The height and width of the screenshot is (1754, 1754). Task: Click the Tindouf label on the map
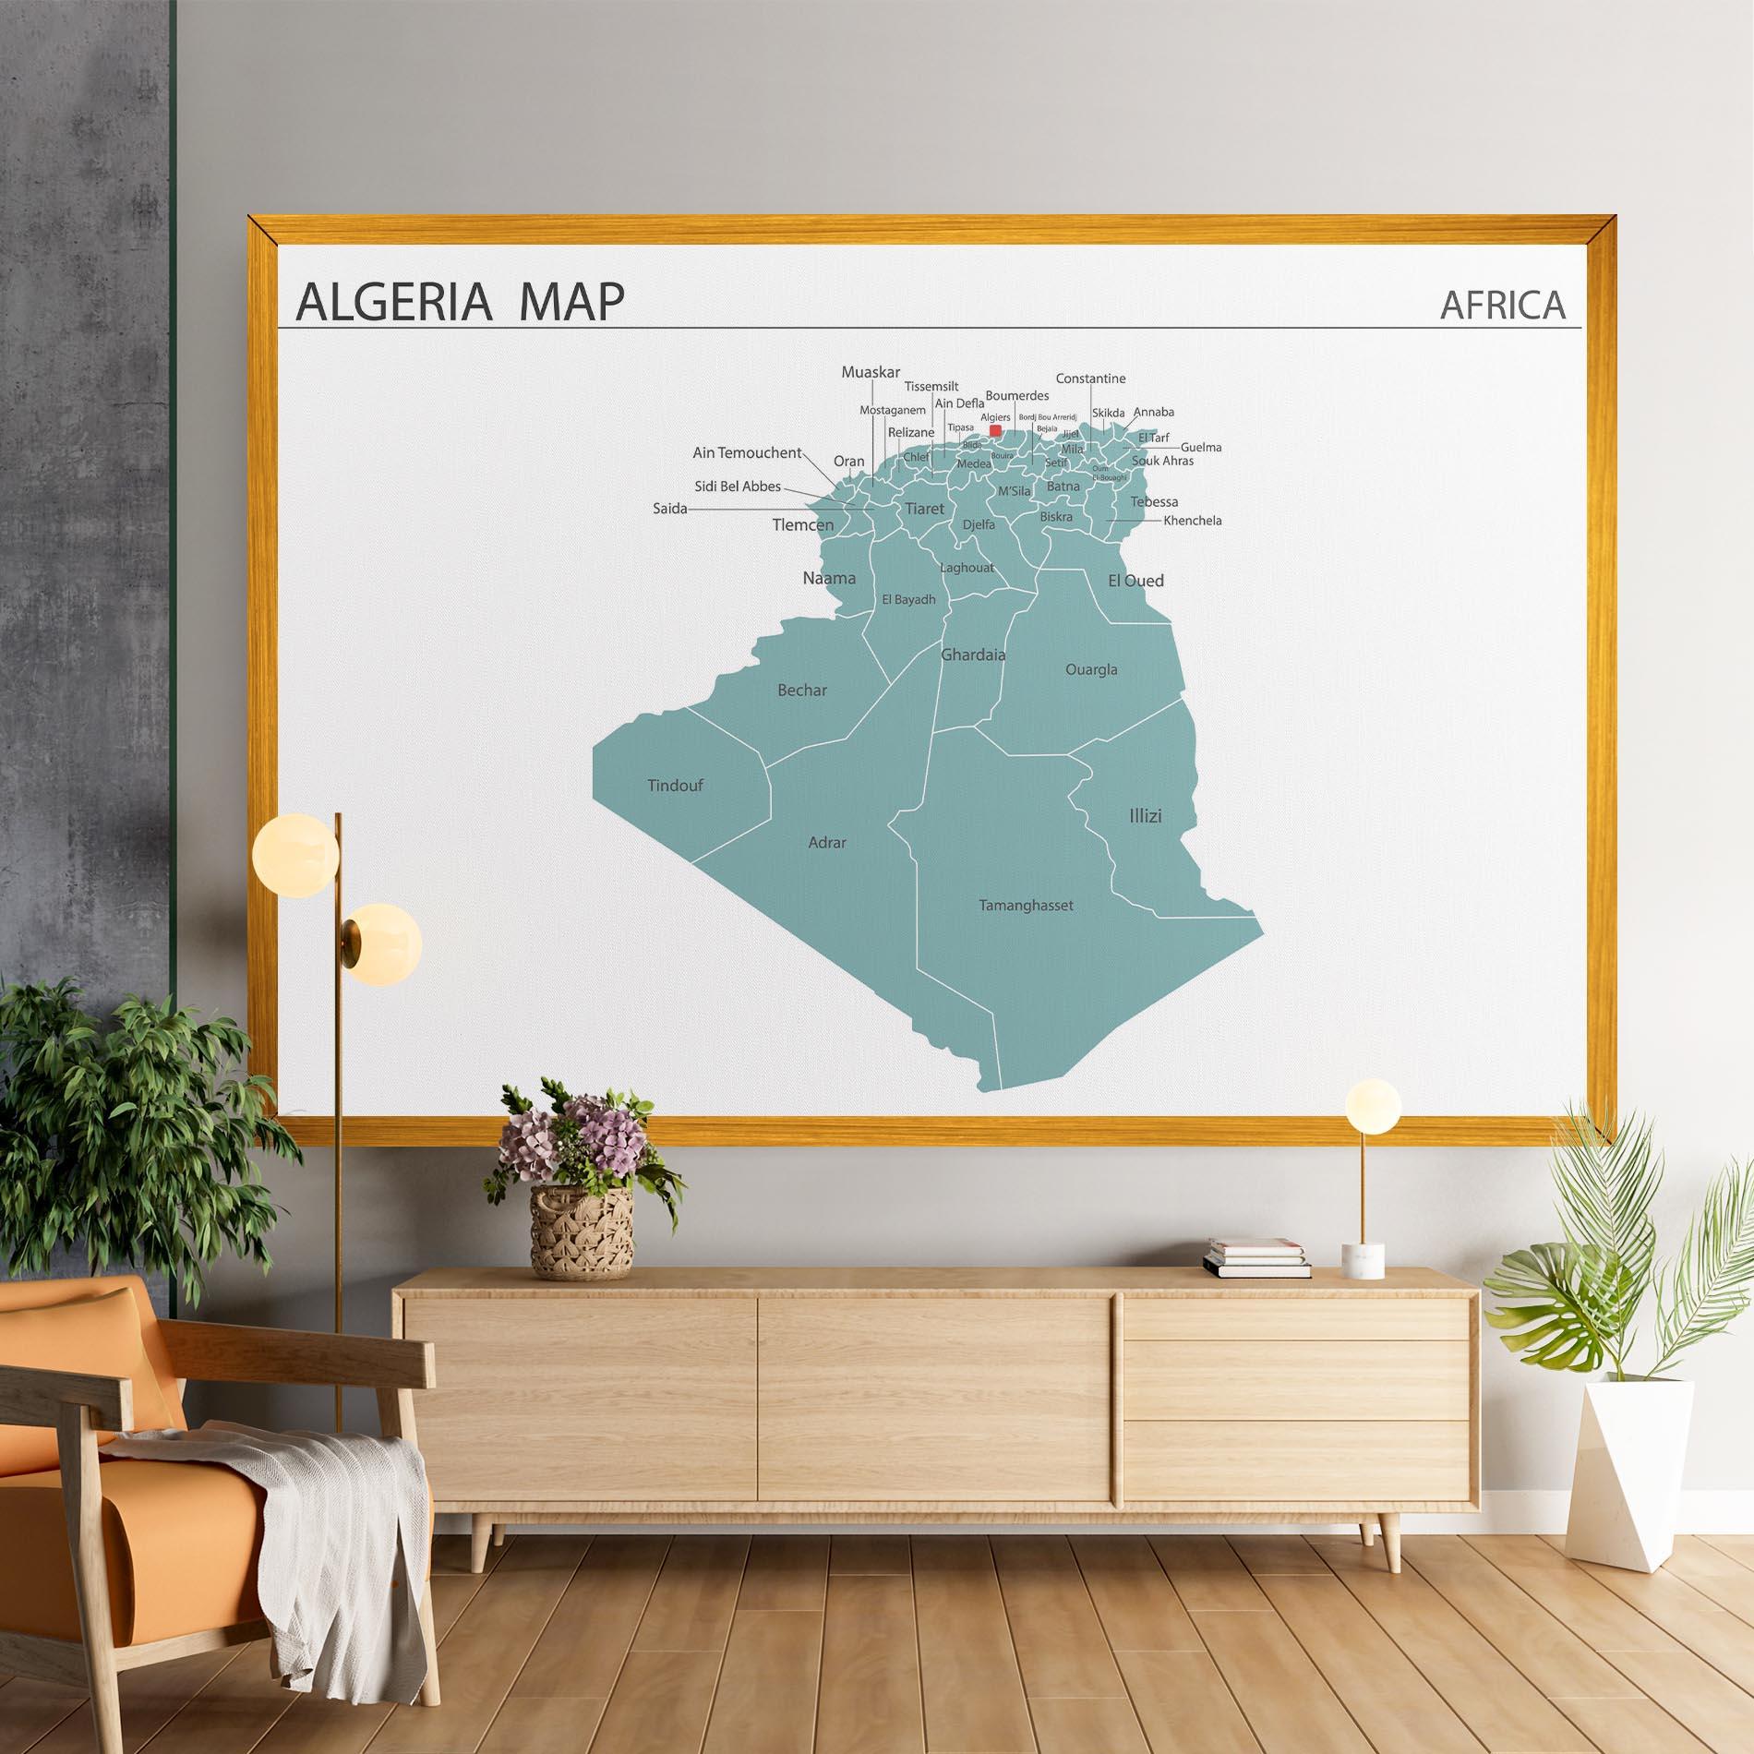coord(675,786)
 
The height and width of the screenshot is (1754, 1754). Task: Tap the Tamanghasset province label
coord(1026,906)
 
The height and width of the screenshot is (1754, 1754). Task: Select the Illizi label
coord(1145,816)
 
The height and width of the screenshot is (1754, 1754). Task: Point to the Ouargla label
coord(1091,669)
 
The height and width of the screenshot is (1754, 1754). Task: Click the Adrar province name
coord(826,842)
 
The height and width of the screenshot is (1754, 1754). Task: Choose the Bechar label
coord(802,690)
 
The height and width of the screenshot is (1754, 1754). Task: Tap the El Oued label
coord(1135,581)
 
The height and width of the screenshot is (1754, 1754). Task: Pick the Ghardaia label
coord(973,655)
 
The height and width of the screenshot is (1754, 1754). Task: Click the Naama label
coord(829,579)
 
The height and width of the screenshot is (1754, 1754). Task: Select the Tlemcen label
coord(803,525)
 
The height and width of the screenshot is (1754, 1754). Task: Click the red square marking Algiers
coord(995,430)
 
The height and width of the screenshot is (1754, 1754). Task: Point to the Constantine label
coord(1090,378)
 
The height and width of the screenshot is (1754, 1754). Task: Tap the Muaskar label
coord(871,372)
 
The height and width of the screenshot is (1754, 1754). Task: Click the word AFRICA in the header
coord(1503,305)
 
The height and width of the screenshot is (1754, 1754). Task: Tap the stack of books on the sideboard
coord(1256,1258)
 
